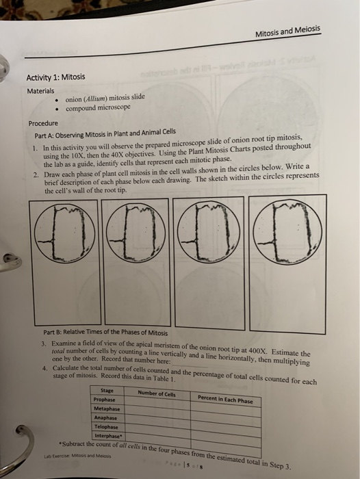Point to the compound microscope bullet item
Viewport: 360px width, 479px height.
tap(102, 109)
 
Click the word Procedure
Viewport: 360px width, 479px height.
tap(43, 124)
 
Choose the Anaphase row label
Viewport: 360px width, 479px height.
tap(108, 417)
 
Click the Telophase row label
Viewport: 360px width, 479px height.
tap(109, 426)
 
